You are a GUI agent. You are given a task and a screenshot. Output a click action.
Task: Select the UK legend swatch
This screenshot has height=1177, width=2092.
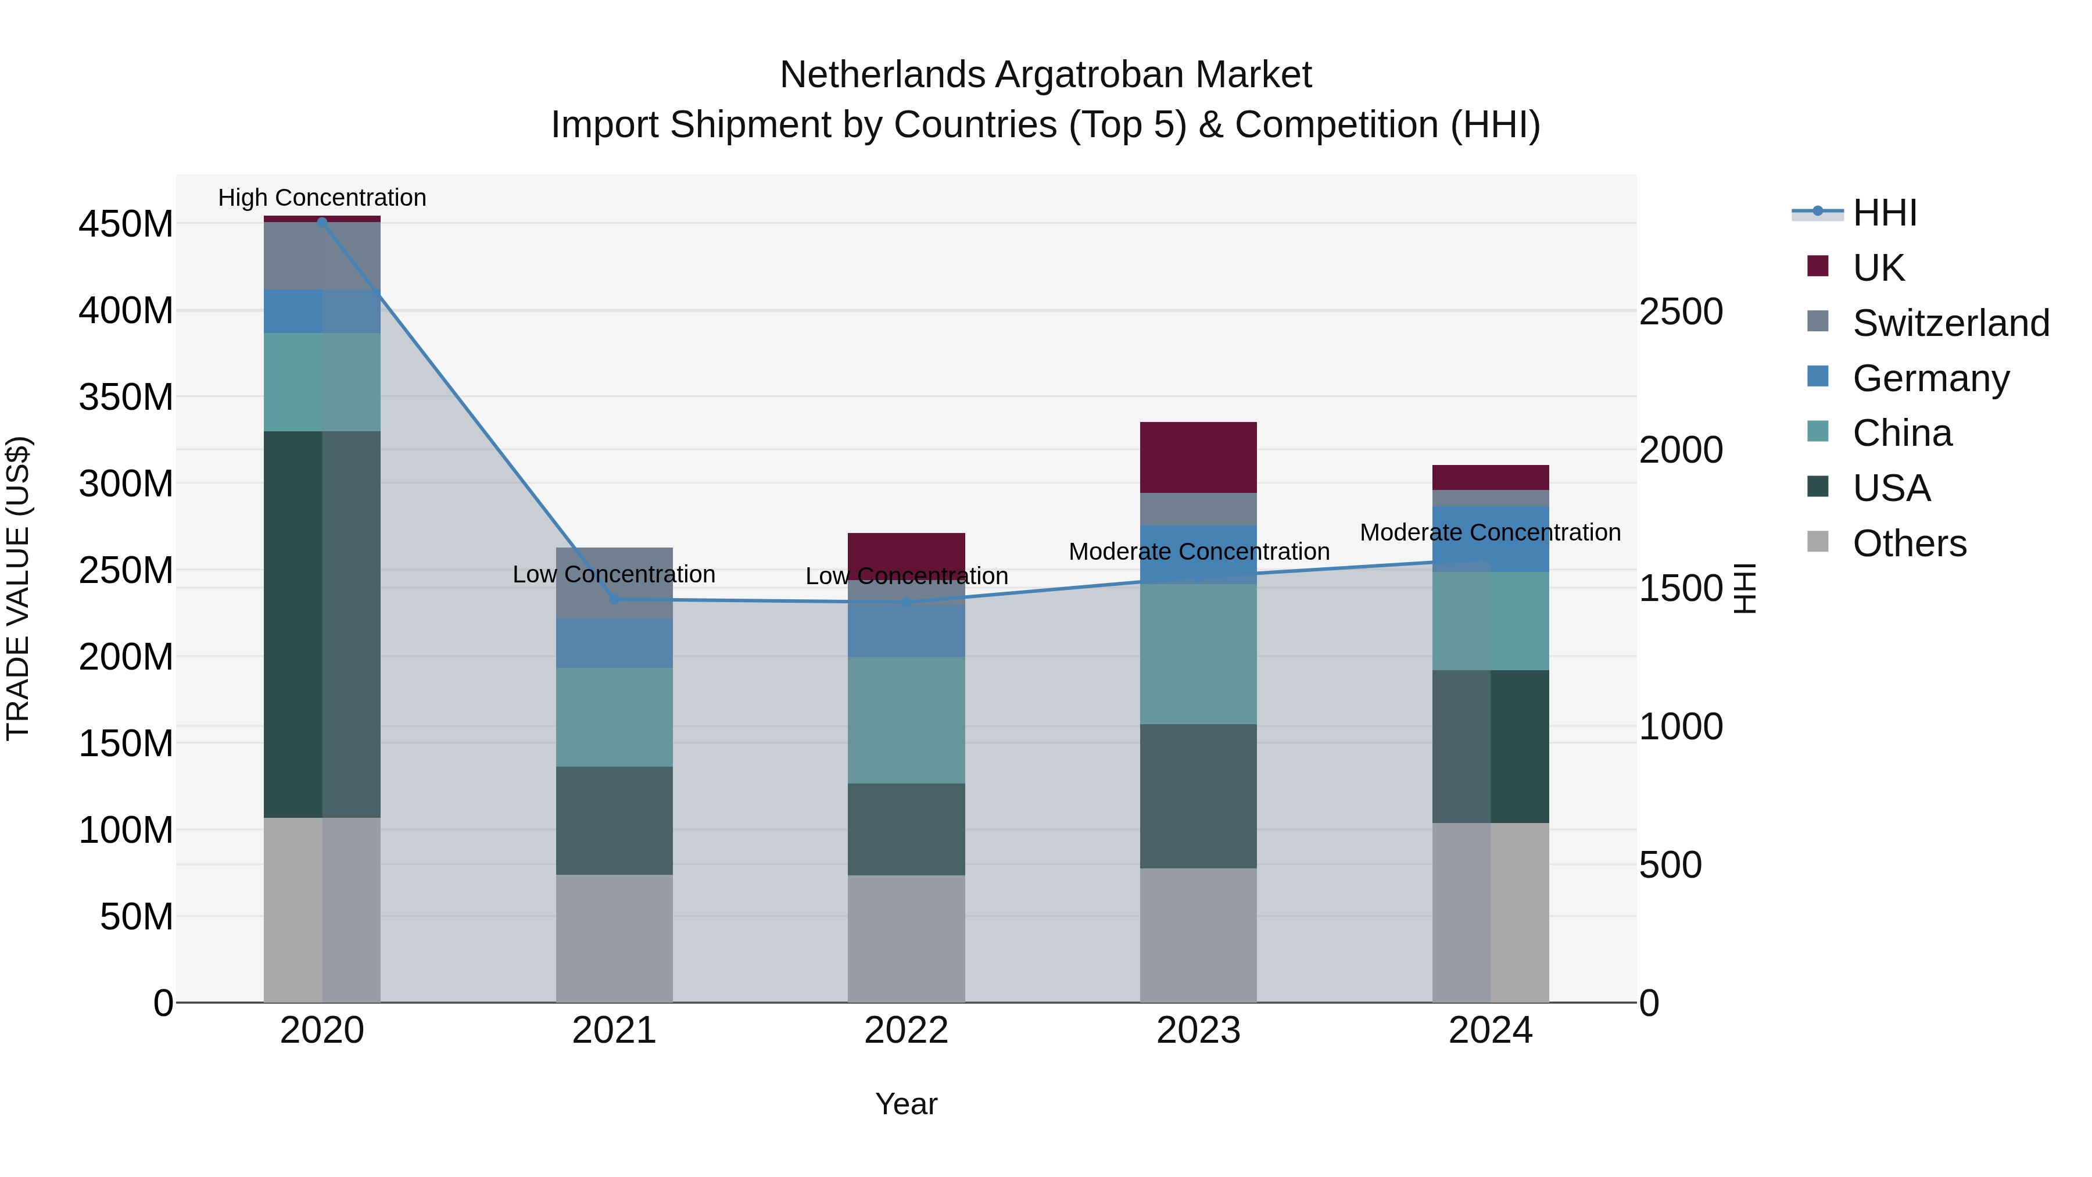coord(1818,266)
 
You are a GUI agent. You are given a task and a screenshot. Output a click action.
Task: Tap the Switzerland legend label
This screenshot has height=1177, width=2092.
coord(1951,323)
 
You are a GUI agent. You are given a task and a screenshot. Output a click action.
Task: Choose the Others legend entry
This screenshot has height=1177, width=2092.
coord(1908,543)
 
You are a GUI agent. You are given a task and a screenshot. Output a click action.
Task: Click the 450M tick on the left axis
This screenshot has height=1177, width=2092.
coord(126,223)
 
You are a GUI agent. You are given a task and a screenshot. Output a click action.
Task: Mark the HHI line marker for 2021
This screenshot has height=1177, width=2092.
coord(614,599)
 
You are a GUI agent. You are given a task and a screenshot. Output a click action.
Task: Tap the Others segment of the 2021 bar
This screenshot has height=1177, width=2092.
coord(614,938)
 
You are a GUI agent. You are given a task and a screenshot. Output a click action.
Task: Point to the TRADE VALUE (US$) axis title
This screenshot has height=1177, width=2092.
coord(18,588)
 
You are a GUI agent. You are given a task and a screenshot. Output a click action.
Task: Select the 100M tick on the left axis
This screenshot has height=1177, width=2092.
coord(126,830)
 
